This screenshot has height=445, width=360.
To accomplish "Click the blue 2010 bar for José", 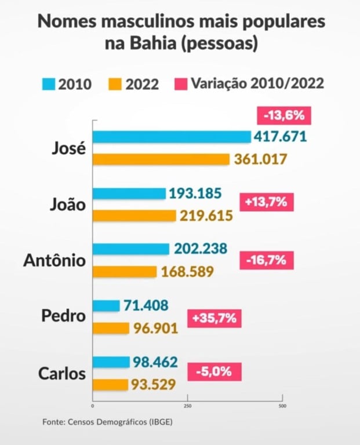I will click(172, 137).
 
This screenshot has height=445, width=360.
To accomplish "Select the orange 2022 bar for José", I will click(161, 159).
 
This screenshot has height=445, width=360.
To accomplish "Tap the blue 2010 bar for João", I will click(129, 193).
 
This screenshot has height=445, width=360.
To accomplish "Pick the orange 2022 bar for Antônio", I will click(124, 272).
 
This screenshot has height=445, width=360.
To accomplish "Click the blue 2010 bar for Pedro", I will click(106, 305).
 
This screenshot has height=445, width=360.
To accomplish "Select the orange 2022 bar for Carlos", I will click(110, 384).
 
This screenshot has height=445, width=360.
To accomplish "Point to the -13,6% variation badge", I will click(284, 115).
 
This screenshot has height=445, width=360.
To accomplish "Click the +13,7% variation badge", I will click(266, 203).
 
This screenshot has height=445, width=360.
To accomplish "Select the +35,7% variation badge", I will click(214, 318).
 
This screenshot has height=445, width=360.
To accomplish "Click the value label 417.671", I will click(281, 137).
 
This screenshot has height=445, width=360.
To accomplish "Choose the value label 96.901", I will click(155, 329).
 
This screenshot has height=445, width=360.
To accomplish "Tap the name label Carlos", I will click(61, 374).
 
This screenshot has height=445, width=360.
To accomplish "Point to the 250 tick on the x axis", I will click(187, 405).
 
